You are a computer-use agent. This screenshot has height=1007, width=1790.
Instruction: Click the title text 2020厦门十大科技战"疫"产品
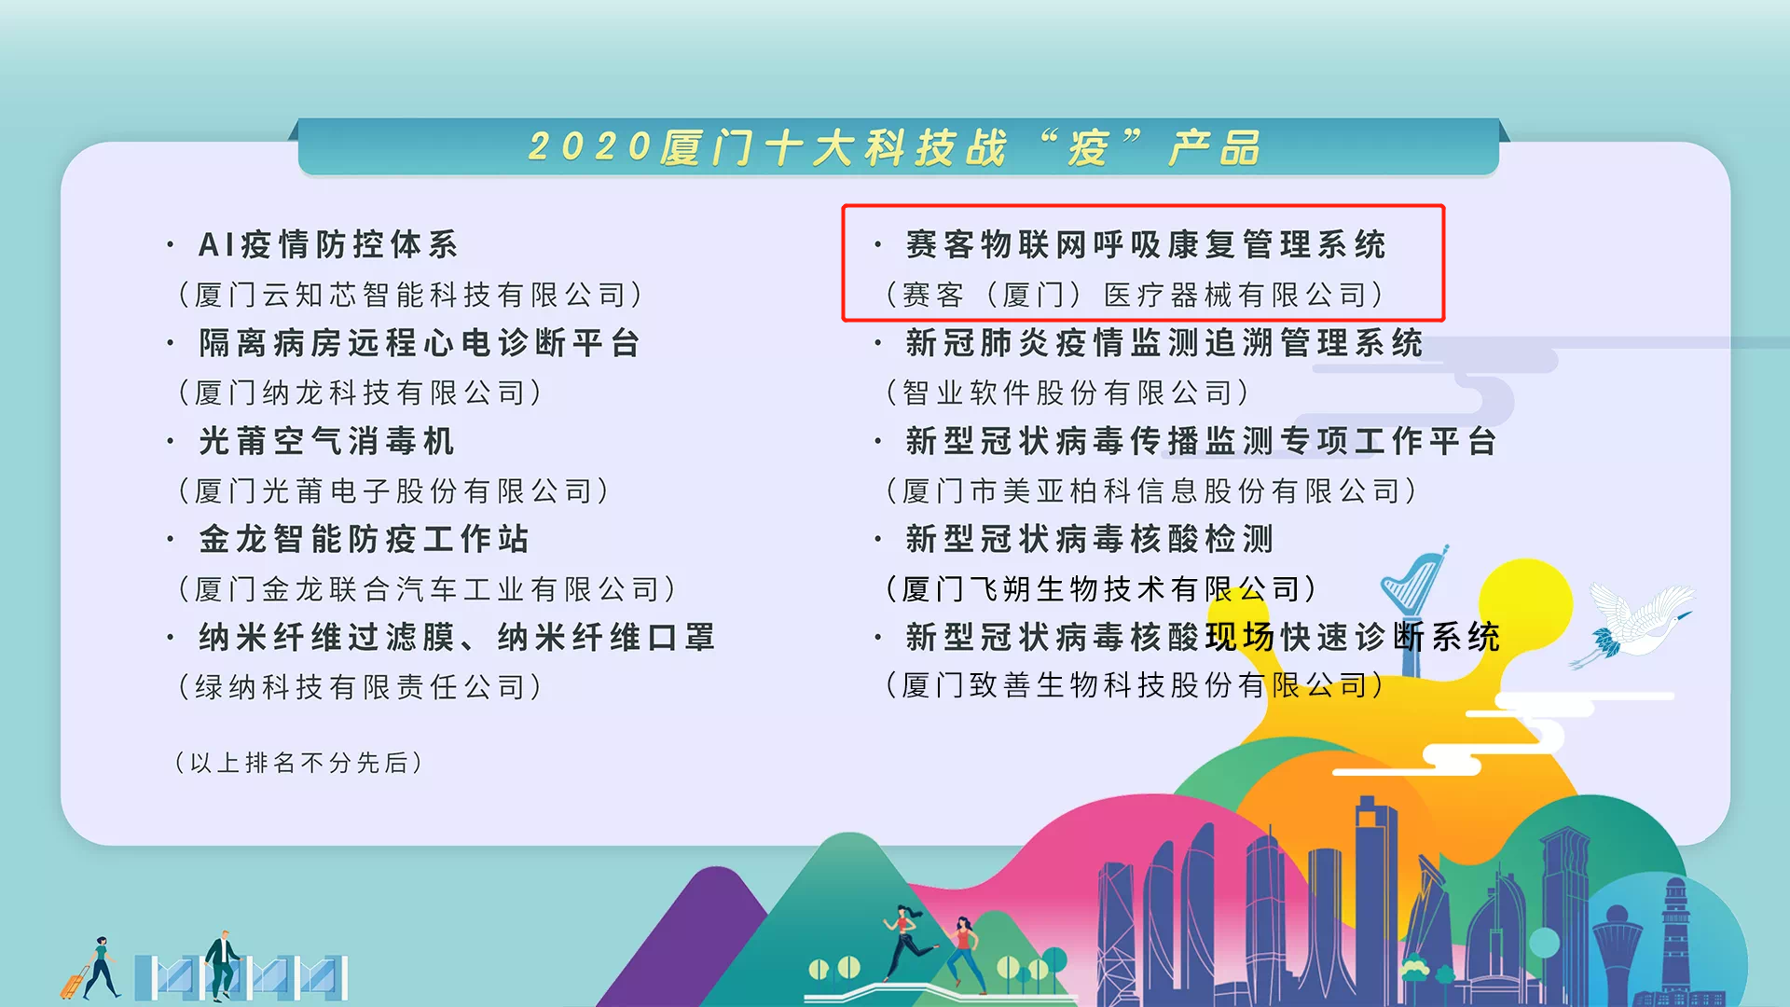click(895, 147)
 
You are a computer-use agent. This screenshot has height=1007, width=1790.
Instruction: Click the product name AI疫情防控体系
click(328, 244)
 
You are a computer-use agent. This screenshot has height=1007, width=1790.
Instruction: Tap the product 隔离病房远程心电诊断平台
click(420, 343)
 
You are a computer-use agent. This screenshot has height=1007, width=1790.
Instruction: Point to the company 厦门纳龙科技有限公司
click(360, 393)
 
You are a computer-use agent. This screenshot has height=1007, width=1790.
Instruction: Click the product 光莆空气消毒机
click(326, 441)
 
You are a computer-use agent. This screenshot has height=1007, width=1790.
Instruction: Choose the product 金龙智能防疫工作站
click(364, 539)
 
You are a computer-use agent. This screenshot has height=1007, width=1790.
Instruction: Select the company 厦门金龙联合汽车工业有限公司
click(427, 589)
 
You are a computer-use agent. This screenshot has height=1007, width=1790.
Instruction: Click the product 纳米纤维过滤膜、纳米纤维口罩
click(457, 638)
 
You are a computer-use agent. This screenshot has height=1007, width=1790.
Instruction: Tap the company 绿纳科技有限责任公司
click(360, 687)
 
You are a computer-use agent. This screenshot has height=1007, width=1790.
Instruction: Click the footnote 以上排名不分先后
click(298, 763)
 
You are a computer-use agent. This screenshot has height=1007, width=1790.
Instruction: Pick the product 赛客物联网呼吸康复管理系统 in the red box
click(1145, 244)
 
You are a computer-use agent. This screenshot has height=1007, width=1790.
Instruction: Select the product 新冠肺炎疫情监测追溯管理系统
click(1163, 343)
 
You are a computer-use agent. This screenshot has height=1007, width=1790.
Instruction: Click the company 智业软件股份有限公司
click(1067, 393)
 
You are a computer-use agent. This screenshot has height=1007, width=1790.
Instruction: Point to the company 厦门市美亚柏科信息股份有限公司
click(1151, 490)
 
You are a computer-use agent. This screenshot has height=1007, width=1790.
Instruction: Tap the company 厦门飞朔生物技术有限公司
click(1100, 589)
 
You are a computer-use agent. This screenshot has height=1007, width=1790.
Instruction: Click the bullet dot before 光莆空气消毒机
click(171, 441)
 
